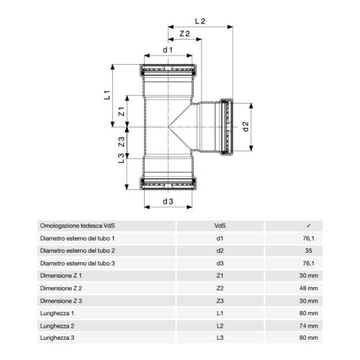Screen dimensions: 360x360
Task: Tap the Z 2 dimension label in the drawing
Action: click(184, 34)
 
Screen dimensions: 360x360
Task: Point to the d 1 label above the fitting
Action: click(167, 50)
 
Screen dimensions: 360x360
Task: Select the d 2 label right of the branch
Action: click(246, 127)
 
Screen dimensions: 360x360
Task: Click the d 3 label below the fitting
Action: click(168, 201)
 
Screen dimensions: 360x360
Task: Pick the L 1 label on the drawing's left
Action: click(106, 94)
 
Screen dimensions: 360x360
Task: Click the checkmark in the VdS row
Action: click(309, 225)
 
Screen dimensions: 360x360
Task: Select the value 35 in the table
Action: click(309, 250)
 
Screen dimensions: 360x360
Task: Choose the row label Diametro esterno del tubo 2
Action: click(78, 250)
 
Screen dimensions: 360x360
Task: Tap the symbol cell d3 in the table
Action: click(220, 263)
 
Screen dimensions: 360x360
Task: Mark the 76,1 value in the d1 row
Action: click(308, 238)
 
